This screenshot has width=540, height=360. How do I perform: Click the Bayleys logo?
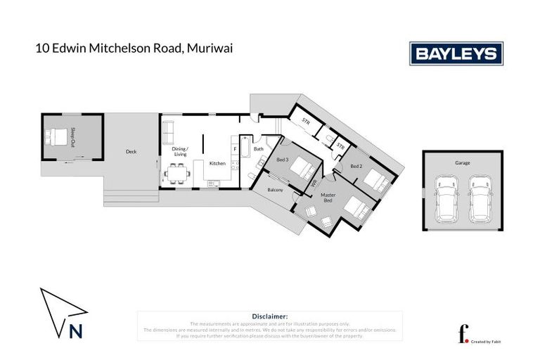pyautogui.click(x=456, y=53)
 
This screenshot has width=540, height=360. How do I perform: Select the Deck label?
pyautogui.click(x=131, y=151)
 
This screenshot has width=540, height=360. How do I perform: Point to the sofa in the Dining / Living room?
pyautogui.click(x=168, y=131)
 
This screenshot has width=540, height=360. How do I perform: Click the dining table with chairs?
pyautogui.click(x=176, y=174)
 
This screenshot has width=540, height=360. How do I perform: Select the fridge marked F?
pyautogui.click(x=234, y=148)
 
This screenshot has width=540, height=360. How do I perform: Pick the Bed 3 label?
pyautogui.click(x=282, y=160)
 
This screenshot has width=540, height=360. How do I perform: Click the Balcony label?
pyautogui.click(x=275, y=190)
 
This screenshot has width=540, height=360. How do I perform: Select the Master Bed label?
pyautogui.click(x=328, y=198)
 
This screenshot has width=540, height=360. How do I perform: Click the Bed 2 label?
pyautogui.click(x=356, y=166)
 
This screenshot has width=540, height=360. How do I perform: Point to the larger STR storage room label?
pyautogui.click(x=306, y=122)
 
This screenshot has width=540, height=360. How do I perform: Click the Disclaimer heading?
pyautogui.click(x=269, y=317)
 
